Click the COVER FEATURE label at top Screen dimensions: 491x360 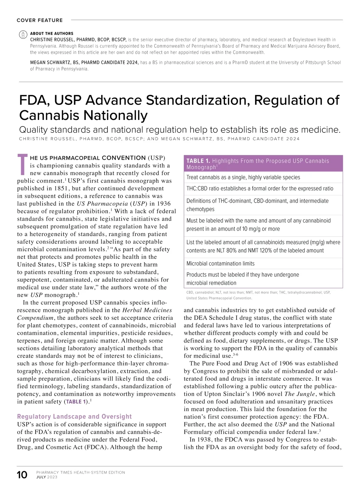pyautogui.click(x=40, y=20)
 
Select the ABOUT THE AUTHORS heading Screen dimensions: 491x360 pyautogui.click(x=52, y=34)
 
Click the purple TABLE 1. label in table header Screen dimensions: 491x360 pyautogui.click(x=198, y=161)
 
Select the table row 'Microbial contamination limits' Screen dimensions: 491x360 pyautogui.click(x=220, y=264)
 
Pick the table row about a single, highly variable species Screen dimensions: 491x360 pyautogui.click(x=243, y=177)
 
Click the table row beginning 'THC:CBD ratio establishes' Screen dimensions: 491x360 pyautogui.click(x=260, y=189)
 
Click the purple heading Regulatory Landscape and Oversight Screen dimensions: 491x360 pyautogui.click(x=74, y=416)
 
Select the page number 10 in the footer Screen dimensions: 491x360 pyautogui.click(x=22, y=475)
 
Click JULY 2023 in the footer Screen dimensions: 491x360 pyautogui.click(x=46, y=477)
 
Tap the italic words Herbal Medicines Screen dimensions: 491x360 pyautogui.click(x=147, y=310)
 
